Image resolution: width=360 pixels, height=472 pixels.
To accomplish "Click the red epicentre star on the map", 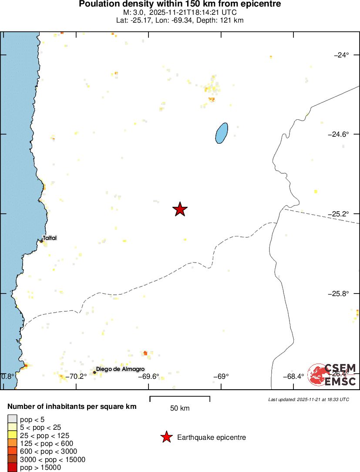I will tap(180, 209).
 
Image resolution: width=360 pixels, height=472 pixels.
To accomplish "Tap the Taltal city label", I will tap(50, 238).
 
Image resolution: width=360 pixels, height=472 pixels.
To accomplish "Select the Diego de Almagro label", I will tap(120, 369).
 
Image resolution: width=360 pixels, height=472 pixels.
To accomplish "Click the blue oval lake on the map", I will tap(222, 132).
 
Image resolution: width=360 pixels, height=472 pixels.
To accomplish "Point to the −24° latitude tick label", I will tap(341, 55).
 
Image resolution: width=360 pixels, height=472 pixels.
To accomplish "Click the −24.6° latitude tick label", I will tap(339, 135).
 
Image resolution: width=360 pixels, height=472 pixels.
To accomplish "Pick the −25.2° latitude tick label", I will tap(339, 214).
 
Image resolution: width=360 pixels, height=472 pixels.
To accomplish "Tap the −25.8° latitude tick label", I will tap(339, 294).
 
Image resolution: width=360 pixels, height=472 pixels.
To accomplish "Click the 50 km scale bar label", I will tap(180, 408).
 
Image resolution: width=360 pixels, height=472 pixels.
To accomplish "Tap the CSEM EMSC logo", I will tap(332, 374).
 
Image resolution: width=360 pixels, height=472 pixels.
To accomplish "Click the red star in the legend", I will tap(166, 437).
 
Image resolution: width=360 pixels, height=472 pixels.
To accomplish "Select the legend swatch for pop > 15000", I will tap(12, 468).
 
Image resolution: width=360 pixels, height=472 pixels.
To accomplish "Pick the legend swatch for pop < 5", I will tap(12, 419).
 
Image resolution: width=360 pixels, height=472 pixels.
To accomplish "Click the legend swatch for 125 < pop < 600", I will tap(12, 443).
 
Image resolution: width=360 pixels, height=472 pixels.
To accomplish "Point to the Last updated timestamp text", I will tap(309, 399).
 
